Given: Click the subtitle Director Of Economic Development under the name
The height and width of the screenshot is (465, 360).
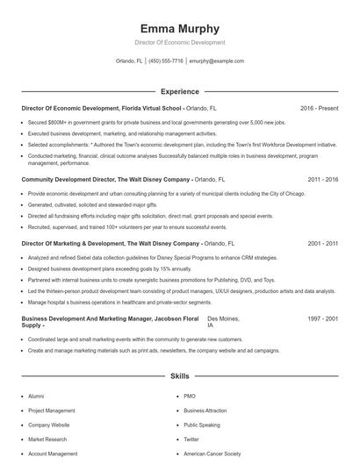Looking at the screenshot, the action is [x=179, y=42].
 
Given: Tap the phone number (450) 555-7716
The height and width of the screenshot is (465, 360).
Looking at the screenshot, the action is [x=166, y=61].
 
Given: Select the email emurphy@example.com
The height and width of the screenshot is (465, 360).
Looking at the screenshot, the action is [x=216, y=61].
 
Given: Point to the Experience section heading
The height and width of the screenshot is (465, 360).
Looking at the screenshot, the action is [x=179, y=91].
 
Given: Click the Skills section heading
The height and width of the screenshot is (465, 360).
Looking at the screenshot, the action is [x=179, y=376].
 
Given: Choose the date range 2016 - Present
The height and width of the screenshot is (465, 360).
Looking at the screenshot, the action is [x=319, y=108].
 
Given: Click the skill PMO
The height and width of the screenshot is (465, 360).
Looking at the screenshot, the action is [x=190, y=396].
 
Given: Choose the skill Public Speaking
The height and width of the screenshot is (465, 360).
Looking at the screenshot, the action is [x=201, y=425].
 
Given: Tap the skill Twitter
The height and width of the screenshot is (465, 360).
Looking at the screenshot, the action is [x=191, y=440].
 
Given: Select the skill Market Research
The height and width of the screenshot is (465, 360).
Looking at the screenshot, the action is [x=47, y=440].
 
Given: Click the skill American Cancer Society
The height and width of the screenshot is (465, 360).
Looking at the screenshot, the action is [x=211, y=454].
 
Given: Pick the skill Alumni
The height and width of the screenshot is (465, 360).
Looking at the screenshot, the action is [x=36, y=396].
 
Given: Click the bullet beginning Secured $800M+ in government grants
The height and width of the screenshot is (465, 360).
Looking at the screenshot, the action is [x=149, y=123].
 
